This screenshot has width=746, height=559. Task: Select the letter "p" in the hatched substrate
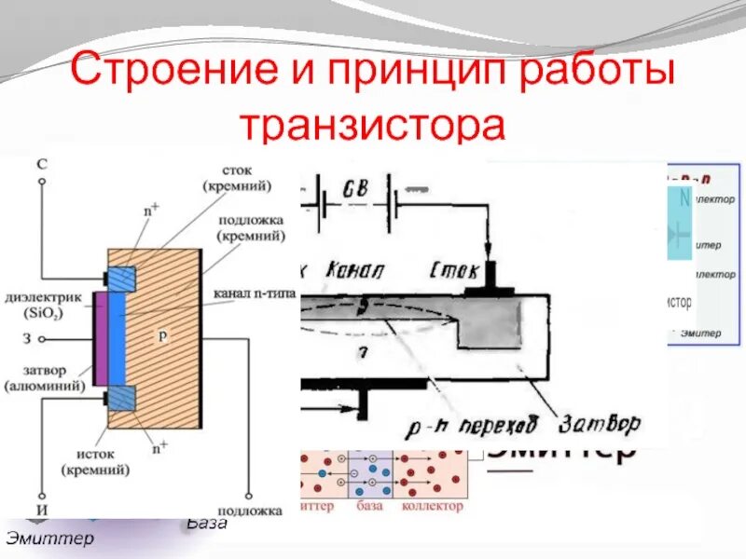click(162, 336)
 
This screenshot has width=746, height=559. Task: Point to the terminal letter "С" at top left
click(41, 164)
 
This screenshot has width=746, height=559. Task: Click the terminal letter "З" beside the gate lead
click(41, 338)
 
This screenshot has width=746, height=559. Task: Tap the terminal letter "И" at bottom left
click(41, 511)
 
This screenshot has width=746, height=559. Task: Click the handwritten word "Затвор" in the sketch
click(601, 424)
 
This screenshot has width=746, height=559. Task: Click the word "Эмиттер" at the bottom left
click(50, 539)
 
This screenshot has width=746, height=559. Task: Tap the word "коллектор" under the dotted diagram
click(432, 506)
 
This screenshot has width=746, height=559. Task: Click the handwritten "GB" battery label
click(355, 188)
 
